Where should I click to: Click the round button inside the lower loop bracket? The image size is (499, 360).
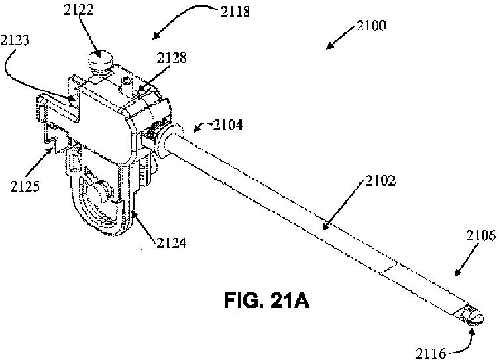(x=96, y=196)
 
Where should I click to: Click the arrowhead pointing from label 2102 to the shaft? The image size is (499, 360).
(x=324, y=229)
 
